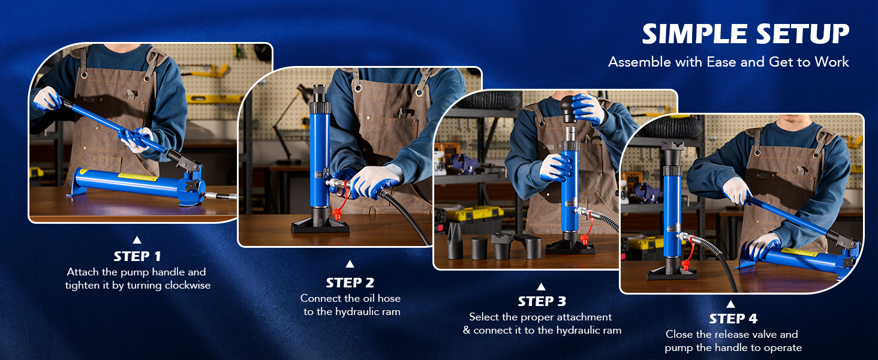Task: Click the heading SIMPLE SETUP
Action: [x=745, y=34]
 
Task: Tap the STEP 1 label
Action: [x=137, y=256]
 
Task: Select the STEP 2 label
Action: [x=350, y=283]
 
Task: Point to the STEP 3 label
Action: [x=542, y=302]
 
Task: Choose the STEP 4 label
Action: [x=733, y=319]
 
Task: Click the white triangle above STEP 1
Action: [x=137, y=239]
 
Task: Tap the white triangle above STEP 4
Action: [x=730, y=304]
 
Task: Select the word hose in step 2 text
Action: [x=389, y=298]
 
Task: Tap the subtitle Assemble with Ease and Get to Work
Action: [x=728, y=62]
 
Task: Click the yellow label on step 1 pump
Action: [x=137, y=177]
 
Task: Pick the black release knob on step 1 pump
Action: [x=192, y=186]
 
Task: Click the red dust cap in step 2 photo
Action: [x=336, y=214]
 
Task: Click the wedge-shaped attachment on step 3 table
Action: [x=455, y=240]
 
